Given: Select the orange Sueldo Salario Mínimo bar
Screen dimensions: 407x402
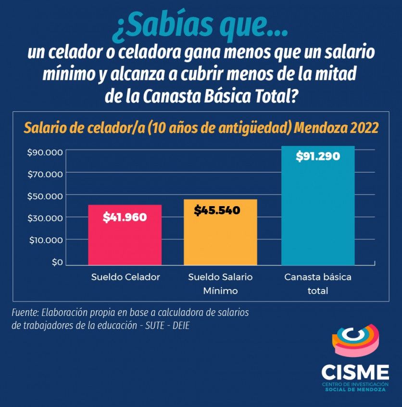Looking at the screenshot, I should point(220,236).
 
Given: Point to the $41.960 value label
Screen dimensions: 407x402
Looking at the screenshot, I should point(125,217).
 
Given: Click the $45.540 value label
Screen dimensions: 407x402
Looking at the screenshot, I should point(217,210).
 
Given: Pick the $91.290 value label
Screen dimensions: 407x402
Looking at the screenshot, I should point(318,157).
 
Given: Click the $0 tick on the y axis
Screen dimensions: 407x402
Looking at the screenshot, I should point(57,262).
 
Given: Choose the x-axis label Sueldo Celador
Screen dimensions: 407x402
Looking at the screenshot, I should point(126,277).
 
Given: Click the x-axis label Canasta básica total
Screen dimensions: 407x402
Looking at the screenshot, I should point(318,284).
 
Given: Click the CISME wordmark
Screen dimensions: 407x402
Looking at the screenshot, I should point(355,372).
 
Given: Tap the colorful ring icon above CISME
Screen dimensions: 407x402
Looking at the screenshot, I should point(355,340).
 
